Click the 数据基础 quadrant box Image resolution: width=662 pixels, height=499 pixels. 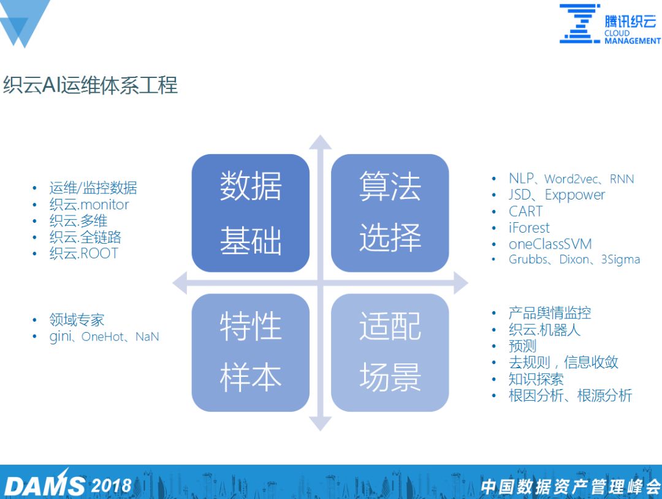click(x=250, y=213)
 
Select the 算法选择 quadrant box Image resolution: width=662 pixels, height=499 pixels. click(x=390, y=213)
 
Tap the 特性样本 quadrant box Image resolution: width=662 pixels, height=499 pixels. click(x=250, y=352)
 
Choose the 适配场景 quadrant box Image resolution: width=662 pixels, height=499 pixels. click(x=390, y=352)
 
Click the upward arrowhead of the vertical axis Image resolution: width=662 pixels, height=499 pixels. click(x=320, y=142)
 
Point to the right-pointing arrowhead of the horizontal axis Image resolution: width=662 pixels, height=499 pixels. click(x=461, y=282)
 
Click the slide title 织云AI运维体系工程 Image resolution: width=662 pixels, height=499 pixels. click(x=90, y=85)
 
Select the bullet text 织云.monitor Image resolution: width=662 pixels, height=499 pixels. click(x=89, y=204)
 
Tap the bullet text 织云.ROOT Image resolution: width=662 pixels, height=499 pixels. click(x=83, y=253)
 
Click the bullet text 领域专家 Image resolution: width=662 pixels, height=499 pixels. click(x=77, y=320)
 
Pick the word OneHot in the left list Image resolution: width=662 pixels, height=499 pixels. click(x=103, y=336)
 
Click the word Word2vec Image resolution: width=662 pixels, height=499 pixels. click(x=571, y=179)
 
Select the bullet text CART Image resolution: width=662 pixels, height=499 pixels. click(x=526, y=211)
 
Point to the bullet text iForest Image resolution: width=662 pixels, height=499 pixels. click(x=529, y=228)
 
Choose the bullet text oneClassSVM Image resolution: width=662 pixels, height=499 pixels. click(x=550, y=244)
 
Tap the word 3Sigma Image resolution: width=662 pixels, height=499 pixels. click(x=620, y=260)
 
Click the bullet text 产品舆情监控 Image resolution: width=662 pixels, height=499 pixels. click(x=550, y=313)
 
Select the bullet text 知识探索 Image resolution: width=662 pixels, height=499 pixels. click(x=536, y=379)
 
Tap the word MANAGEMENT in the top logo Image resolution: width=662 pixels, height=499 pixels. click(x=633, y=41)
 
